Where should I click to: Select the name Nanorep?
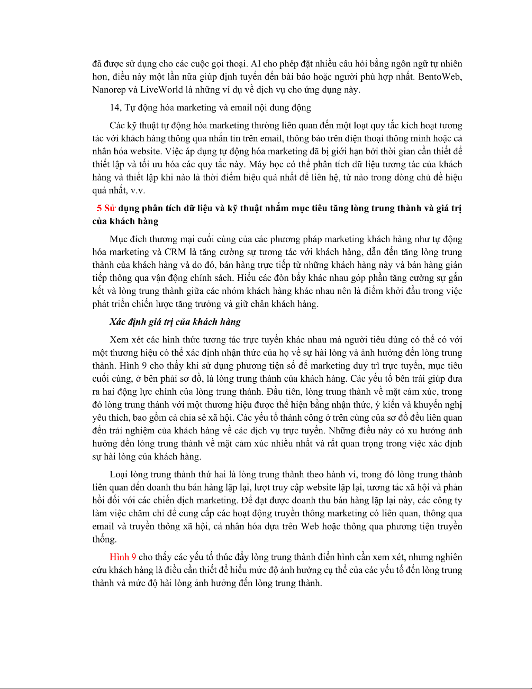[x=109, y=90]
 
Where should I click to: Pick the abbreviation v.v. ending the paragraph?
[x=138, y=191]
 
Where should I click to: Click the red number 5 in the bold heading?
[x=99, y=208]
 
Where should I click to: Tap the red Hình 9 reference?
[x=123, y=557]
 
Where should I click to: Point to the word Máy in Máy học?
[x=258, y=165]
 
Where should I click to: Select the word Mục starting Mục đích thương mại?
[x=119, y=239]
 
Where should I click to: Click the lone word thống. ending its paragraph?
[x=105, y=540]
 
